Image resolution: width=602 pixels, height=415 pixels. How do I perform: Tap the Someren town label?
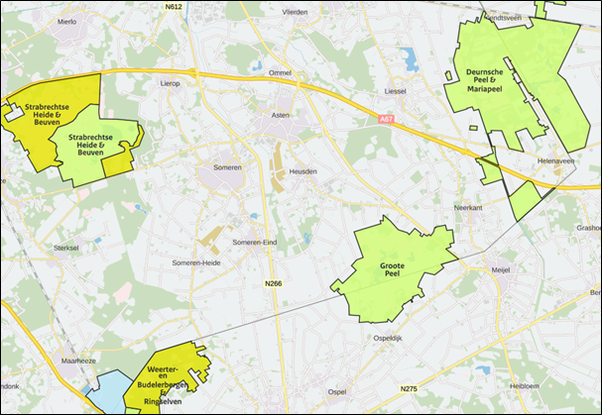point(228,167)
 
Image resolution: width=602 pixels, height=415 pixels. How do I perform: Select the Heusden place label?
point(302,171)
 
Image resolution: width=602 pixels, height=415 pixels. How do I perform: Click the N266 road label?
point(274,284)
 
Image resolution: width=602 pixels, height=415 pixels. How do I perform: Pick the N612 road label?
point(174,6)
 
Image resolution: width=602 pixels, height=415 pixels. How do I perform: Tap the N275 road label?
point(409,387)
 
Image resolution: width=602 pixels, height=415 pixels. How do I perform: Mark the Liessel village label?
point(396,92)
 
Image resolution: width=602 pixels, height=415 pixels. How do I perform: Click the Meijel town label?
point(502,269)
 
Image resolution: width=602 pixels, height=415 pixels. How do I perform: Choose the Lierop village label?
point(170,84)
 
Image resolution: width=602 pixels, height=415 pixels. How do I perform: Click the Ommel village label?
point(280,72)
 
